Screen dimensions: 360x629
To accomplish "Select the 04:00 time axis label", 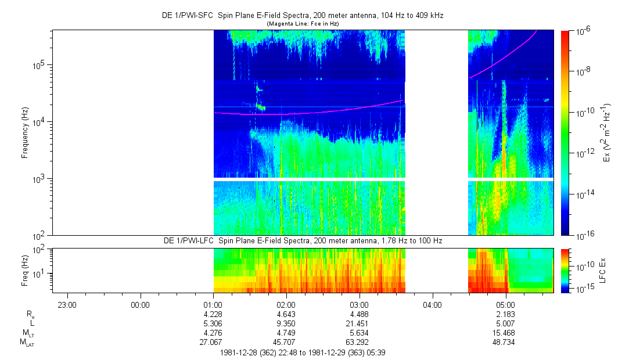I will [x=432, y=304].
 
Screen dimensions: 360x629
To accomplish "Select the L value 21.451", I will [x=360, y=323].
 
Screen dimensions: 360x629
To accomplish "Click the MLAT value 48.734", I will [x=505, y=343].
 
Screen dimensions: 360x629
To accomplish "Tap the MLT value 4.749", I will [x=286, y=333].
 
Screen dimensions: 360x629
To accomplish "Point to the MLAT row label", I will [x=26, y=343].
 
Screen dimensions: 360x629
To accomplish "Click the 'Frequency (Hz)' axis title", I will [x=25, y=132].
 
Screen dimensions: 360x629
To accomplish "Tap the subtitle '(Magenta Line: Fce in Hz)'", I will [x=303, y=23].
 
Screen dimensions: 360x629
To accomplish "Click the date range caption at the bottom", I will [x=303, y=352].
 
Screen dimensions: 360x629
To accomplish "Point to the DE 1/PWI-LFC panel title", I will [x=303, y=240].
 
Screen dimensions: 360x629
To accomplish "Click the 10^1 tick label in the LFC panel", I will [x=42, y=273].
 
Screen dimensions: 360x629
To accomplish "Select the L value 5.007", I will [x=505, y=323].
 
